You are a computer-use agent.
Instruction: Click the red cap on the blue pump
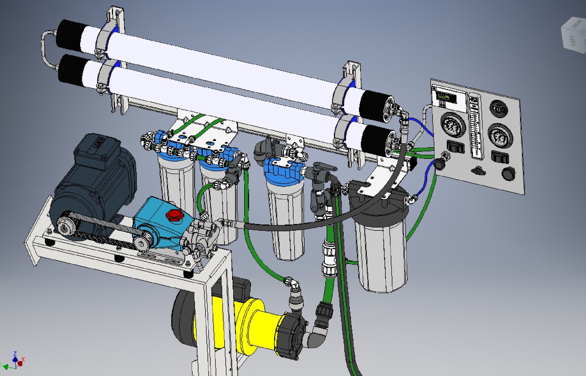pos(173,215)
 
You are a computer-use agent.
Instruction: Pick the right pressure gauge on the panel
pos(500,137)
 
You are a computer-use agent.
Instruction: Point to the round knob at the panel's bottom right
pos(509,173)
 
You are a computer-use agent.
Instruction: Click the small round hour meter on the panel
pos(498,108)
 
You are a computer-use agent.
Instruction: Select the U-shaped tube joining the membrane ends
pos(47,49)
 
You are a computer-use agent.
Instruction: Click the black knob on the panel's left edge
pos(440,163)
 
